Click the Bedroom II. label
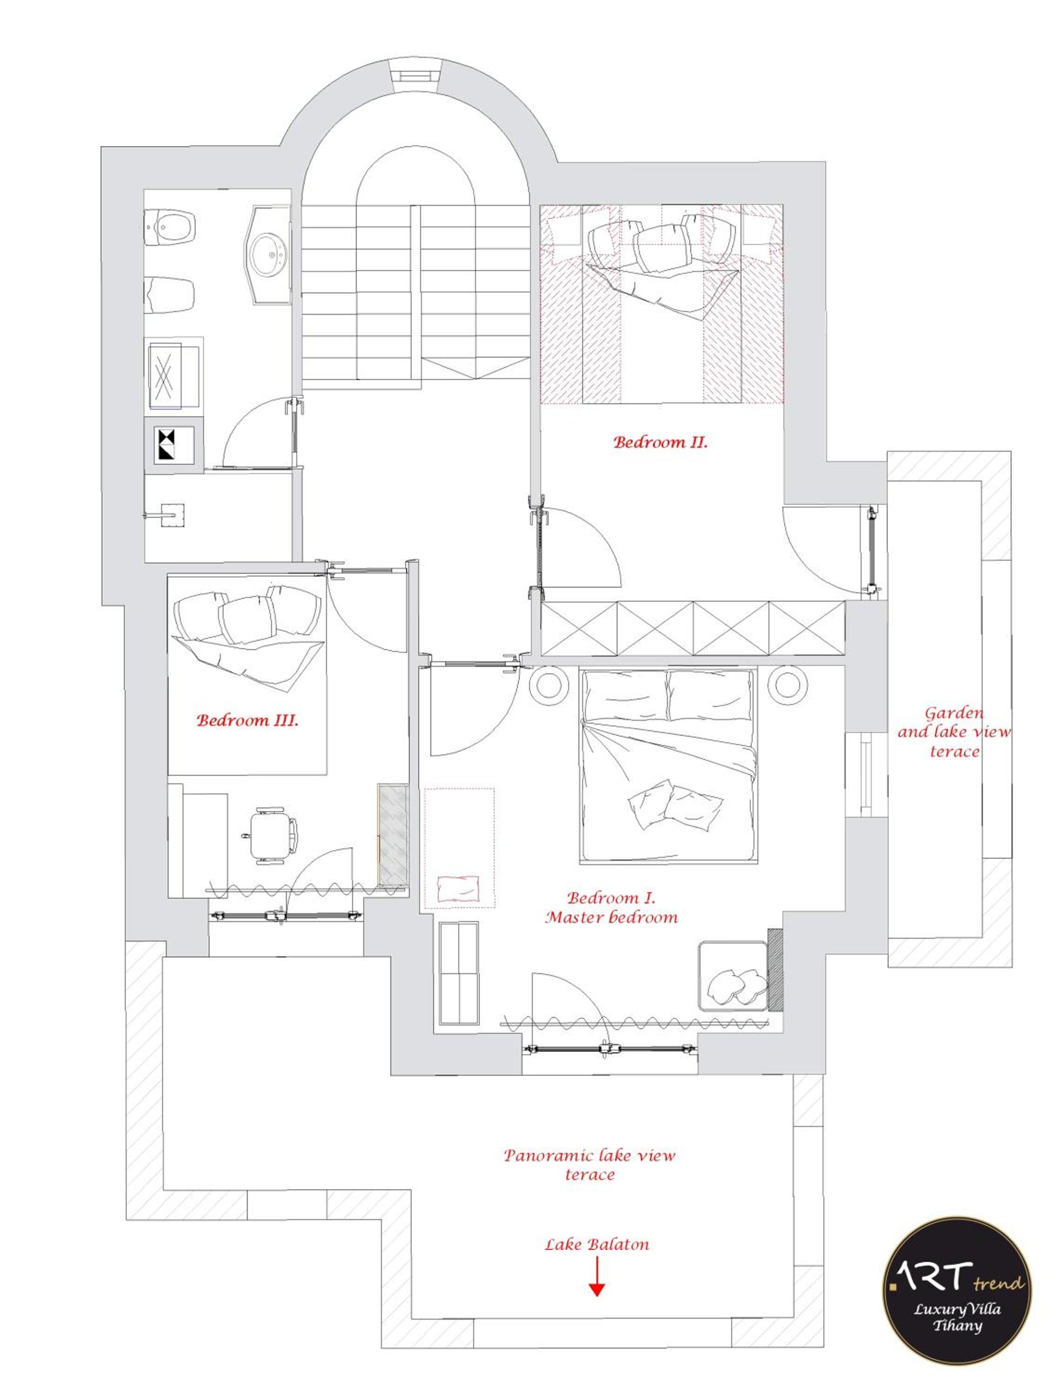[x=660, y=442]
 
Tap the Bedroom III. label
[x=247, y=720]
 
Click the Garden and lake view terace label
[x=954, y=732]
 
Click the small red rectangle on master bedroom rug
[x=458, y=888]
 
